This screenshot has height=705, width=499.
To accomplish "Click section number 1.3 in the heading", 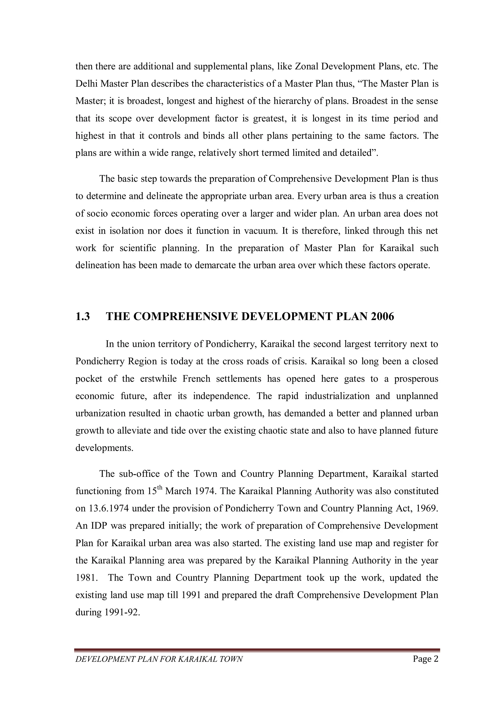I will click(83, 316).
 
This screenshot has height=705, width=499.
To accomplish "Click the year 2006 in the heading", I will click(382, 316).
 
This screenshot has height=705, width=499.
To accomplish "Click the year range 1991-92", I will click(122, 612).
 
